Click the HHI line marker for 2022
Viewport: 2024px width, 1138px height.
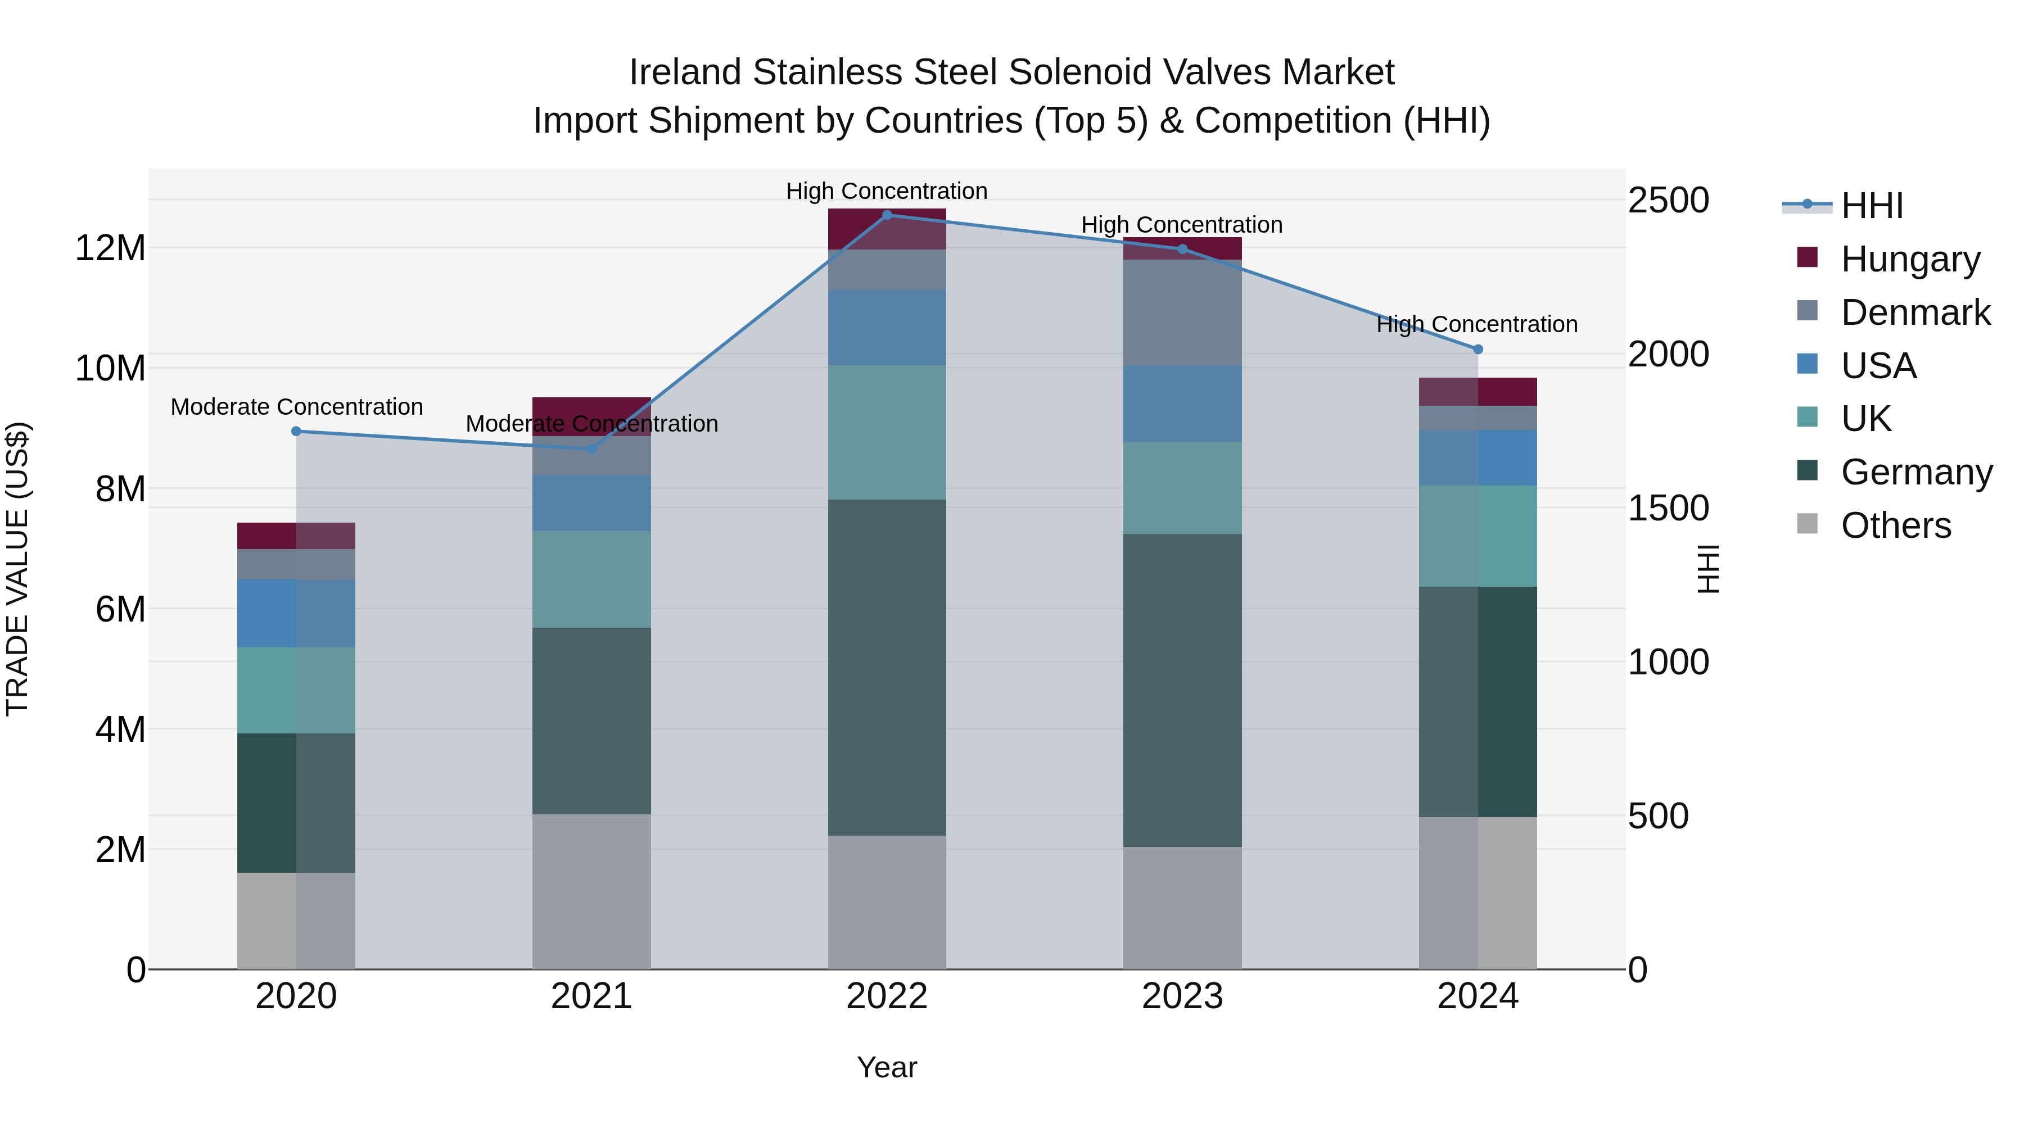coord(887,215)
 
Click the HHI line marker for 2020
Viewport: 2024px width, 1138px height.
coord(296,431)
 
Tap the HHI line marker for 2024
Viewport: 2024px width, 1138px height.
coord(1478,350)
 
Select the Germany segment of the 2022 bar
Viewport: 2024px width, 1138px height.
coord(887,668)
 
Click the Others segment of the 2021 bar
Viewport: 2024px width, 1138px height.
coord(591,891)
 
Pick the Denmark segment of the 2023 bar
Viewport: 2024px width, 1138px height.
coord(1182,312)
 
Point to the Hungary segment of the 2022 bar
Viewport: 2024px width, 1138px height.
coord(887,229)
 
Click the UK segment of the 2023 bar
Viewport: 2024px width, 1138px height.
coord(1182,488)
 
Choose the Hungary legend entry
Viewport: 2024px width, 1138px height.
coord(1910,259)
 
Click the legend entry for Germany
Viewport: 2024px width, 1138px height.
coord(1915,472)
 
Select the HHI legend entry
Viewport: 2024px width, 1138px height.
coord(1872,206)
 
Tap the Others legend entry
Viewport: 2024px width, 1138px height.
coord(1895,525)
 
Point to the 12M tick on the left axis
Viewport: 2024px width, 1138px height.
coord(110,248)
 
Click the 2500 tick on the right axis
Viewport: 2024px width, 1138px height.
coord(1668,200)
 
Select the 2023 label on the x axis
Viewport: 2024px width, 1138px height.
coord(1182,996)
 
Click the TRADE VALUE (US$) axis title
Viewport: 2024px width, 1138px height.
coord(17,569)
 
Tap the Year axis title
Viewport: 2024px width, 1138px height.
coord(887,1067)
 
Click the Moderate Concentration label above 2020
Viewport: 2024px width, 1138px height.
coord(296,407)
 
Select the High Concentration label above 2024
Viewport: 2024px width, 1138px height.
coord(1476,324)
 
